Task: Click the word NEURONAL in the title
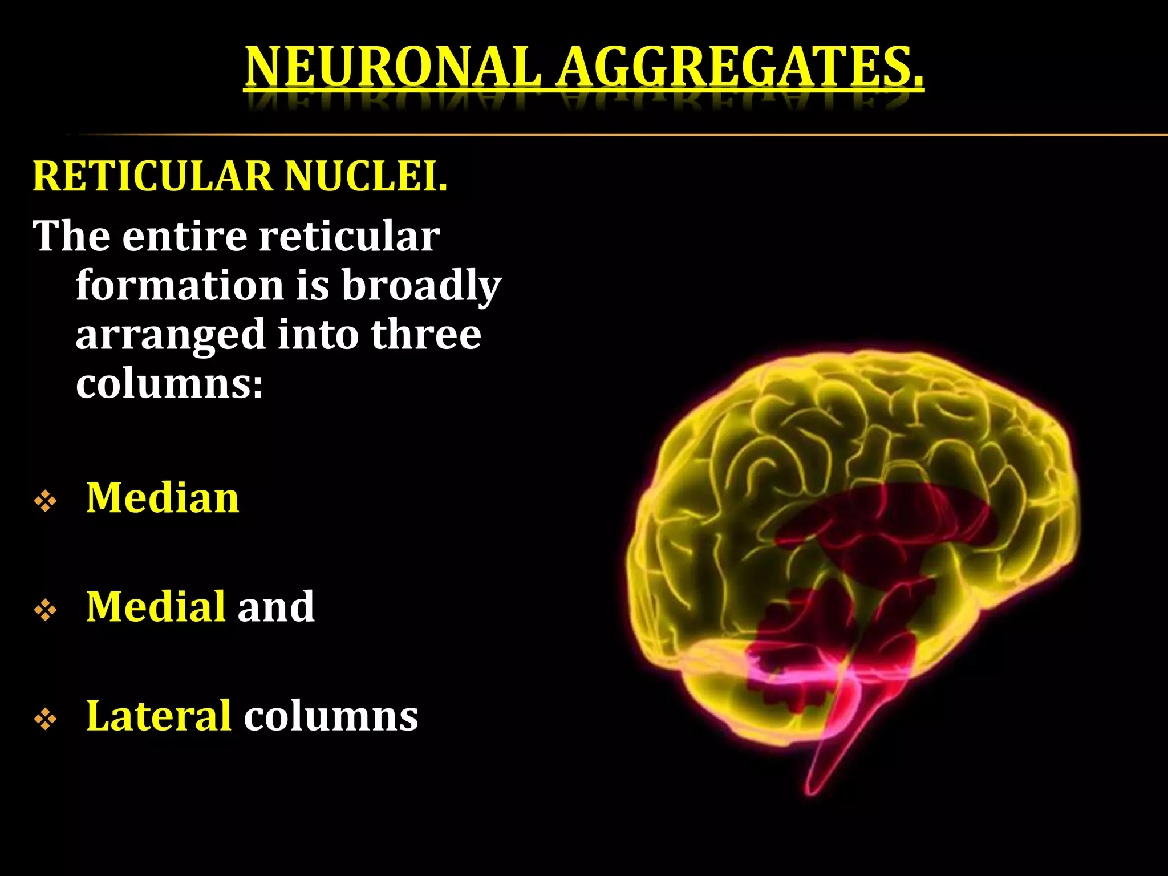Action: point(392,67)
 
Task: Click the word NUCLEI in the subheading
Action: point(365,176)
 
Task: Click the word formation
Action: point(180,285)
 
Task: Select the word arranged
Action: point(170,335)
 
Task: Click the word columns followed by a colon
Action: point(169,384)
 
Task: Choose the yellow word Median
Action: point(163,498)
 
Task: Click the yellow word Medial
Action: point(156,606)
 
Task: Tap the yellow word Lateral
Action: point(159,716)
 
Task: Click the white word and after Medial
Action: point(276,606)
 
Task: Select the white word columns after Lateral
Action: point(331,716)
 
